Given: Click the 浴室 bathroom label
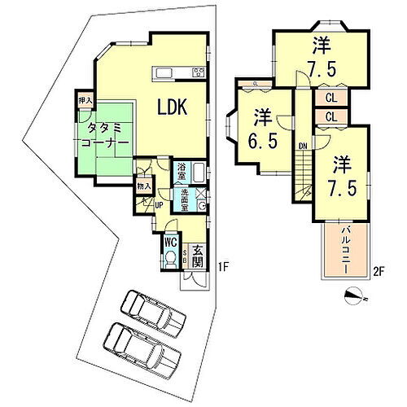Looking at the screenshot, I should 182,173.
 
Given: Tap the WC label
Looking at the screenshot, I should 170,241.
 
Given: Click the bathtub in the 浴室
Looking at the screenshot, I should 200,173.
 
